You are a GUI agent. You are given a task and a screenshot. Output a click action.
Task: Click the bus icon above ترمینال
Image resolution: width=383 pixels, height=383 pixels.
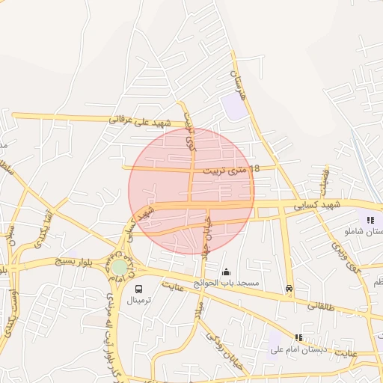click(x=138, y=289)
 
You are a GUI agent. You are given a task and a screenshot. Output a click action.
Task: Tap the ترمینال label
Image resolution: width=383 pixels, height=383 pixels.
click(x=138, y=300)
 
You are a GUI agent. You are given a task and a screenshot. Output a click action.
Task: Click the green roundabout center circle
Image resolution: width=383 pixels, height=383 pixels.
click(x=120, y=267)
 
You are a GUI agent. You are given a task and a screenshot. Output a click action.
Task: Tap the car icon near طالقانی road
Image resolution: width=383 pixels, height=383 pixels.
click(x=289, y=289)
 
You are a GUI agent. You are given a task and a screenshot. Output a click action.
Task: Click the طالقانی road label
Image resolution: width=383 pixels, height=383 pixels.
click(x=322, y=306)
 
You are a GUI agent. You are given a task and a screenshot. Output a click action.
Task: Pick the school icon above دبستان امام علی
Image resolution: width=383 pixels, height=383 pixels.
click(x=299, y=338)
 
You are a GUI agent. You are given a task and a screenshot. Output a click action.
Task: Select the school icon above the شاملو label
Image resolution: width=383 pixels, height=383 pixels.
click(x=370, y=220)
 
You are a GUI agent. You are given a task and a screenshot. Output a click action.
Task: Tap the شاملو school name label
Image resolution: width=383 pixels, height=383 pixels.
click(x=362, y=231)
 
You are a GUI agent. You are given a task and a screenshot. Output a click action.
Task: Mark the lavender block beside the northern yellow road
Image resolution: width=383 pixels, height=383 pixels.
click(x=234, y=106)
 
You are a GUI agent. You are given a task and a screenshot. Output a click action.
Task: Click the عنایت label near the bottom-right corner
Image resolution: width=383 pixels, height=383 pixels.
click(x=346, y=352)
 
